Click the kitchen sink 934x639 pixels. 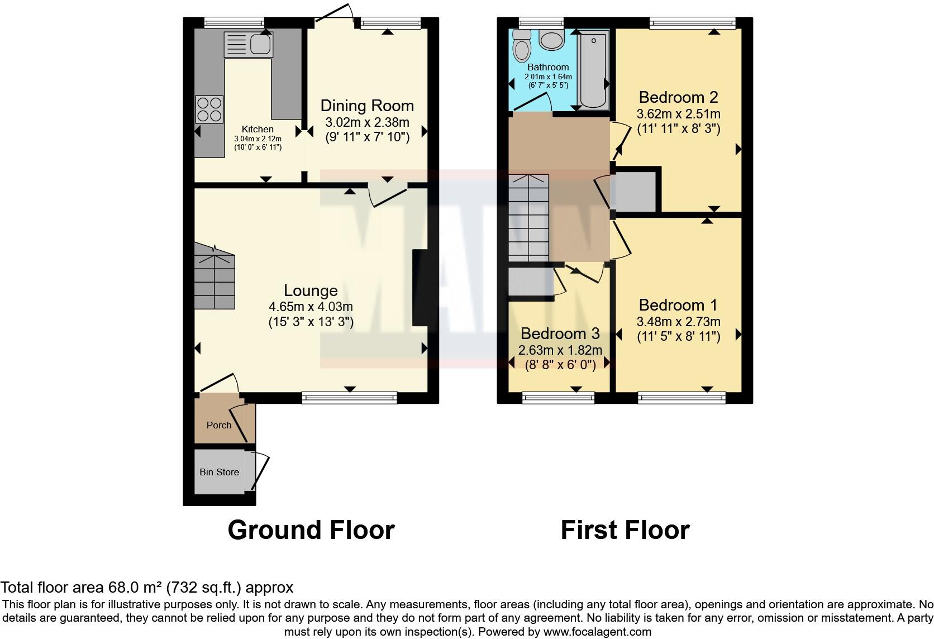[248, 45]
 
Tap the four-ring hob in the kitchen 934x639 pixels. [209, 109]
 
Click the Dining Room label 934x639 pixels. [367, 106]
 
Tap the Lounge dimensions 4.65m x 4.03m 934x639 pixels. [311, 307]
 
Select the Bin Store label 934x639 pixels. [219, 472]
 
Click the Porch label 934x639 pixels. [219, 425]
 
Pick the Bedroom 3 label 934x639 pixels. [560, 333]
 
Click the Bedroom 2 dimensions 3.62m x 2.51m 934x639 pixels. [678, 114]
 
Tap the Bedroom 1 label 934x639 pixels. [678, 305]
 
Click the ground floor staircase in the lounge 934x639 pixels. [215, 278]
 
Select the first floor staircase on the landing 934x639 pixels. [528, 218]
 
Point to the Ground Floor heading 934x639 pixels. [311, 530]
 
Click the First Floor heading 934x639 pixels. [625, 530]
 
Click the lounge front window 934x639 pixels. [349, 398]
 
